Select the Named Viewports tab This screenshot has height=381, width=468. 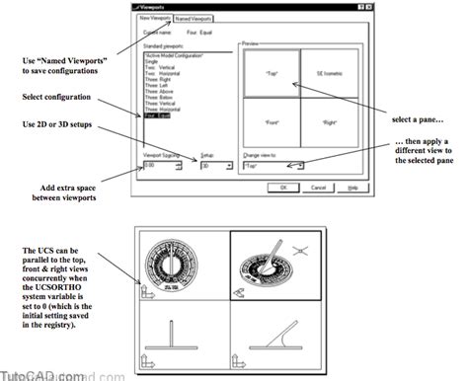pos(195,18)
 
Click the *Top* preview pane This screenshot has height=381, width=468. pos(270,74)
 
